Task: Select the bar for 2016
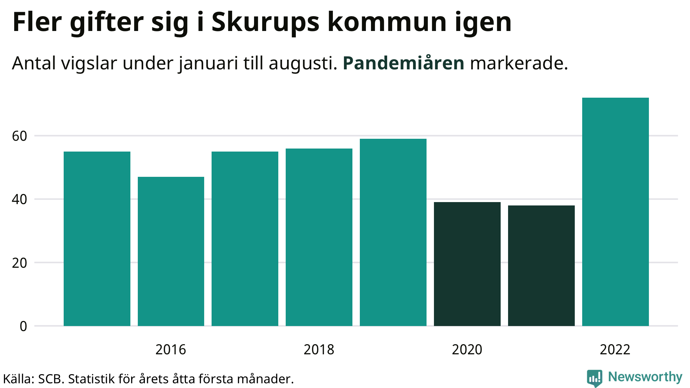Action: point(171,251)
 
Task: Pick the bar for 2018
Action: point(319,237)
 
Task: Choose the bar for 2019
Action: point(393,232)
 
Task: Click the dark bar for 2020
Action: point(467,264)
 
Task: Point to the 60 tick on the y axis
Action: point(19,136)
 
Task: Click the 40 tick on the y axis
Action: point(19,199)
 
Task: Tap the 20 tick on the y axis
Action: point(19,263)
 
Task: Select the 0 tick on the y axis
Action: point(23,326)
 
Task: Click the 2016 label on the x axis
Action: point(171,350)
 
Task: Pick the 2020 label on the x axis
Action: point(467,350)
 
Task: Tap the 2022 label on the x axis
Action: point(615,350)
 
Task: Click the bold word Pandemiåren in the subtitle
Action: point(403,63)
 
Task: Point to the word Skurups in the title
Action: point(265,23)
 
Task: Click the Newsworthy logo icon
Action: point(594,378)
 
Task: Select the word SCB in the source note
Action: point(51,379)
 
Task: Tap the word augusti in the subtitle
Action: point(303,64)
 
